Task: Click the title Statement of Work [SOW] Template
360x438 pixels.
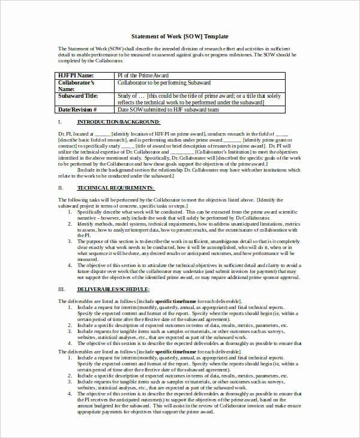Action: point(179,37)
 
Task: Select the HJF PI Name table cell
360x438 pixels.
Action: point(76,75)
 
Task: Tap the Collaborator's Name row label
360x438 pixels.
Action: point(76,85)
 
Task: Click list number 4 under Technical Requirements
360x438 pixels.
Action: point(70,265)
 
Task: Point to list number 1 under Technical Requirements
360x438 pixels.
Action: point(70,211)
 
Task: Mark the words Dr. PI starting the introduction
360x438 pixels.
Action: point(65,133)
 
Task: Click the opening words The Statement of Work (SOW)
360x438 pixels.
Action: point(84,49)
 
